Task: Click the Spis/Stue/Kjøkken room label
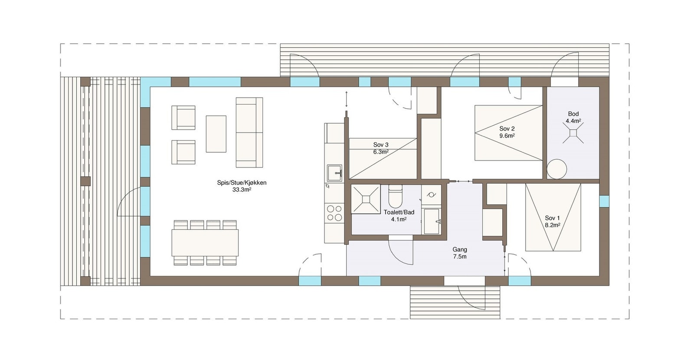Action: tap(242, 183)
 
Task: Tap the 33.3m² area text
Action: tap(242, 190)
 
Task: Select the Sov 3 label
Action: tap(381, 145)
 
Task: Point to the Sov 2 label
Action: tap(507, 129)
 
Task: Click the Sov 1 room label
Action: tap(552, 218)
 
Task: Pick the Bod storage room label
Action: tap(573, 114)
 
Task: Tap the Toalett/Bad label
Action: tap(399, 212)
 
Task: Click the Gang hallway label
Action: tap(459, 249)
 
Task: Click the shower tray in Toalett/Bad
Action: tap(366, 199)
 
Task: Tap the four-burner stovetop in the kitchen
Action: tap(334, 213)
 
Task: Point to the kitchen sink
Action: tap(334, 173)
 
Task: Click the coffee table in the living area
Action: tap(216, 134)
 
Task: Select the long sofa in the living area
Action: tap(249, 132)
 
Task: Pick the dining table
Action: tap(205, 242)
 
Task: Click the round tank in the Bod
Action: tap(557, 169)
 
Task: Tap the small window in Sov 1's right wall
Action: tap(604, 201)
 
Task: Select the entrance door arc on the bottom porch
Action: tap(471, 299)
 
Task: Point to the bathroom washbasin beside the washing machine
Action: tap(432, 221)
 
